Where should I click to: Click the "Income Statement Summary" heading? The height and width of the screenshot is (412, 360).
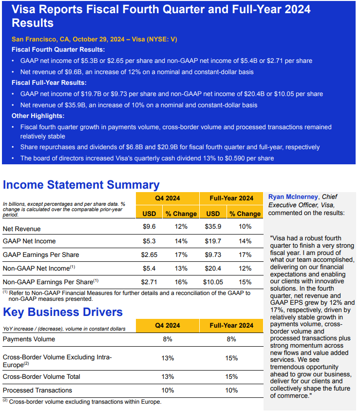tap(81, 185)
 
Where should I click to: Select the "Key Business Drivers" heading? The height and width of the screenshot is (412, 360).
tap(63, 312)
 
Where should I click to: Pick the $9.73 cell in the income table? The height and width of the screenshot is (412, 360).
tap(213, 255)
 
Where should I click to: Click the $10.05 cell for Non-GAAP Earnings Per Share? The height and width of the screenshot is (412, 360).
tap(213, 281)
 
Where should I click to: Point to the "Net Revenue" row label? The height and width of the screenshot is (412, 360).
tap(21, 229)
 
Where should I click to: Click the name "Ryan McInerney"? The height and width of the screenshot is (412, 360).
tap(292, 196)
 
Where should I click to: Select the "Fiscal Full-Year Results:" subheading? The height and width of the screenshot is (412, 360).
tap(49, 82)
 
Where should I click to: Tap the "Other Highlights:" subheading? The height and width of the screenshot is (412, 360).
tap(38, 116)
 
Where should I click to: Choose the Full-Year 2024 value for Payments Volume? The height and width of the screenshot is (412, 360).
tap(231, 339)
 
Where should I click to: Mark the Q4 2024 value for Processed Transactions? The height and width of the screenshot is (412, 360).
tap(168, 390)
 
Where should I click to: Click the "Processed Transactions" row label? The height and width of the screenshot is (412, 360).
tap(38, 390)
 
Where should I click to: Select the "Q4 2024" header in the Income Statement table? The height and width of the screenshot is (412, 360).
tap(168, 198)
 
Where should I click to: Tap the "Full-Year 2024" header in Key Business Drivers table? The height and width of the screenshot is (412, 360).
tap(231, 325)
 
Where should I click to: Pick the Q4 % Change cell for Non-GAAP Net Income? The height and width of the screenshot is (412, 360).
tap(181, 268)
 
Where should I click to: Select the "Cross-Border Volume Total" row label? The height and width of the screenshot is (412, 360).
tap(41, 376)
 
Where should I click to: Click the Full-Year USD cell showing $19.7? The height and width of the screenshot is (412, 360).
tap(213, 241)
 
